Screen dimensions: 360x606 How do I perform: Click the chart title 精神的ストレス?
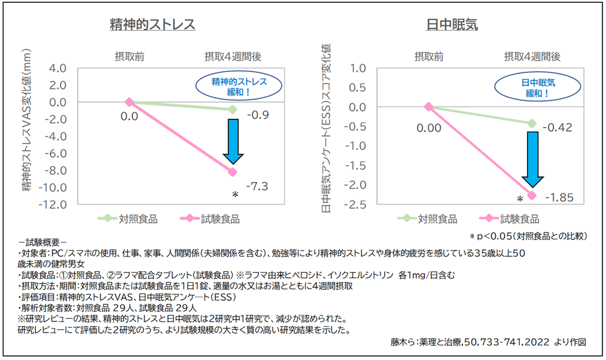(x=152, y=25)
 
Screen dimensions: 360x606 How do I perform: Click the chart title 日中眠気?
(x=451, y=25)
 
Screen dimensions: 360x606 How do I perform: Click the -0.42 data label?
(x=558, y=128)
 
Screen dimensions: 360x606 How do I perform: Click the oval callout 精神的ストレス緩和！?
(x=239, y=86)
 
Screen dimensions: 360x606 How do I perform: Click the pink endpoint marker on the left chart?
(x=232, y=172)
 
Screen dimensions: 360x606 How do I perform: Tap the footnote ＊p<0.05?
(x=527, y=236)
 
